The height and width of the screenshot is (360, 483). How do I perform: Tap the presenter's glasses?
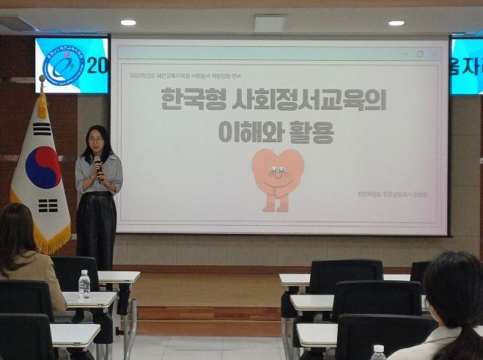coord(96,139)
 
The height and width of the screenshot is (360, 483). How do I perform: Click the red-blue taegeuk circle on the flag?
coord(43,167)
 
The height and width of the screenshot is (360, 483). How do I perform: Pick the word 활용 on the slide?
coord(311,132)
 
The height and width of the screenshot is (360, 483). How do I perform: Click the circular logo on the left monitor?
coord(63,65)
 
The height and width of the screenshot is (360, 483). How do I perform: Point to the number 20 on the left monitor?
coord(97,66)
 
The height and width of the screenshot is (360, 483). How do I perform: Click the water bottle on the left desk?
coord(84,284)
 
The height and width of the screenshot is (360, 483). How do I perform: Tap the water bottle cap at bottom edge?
coord(378,349)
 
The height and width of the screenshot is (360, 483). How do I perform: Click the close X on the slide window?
coord(435,54)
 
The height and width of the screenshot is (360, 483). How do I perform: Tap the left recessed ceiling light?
coord(128,23)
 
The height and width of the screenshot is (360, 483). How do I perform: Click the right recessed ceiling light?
coord(396,23)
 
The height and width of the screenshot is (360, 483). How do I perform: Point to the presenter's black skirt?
coord(96,227)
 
